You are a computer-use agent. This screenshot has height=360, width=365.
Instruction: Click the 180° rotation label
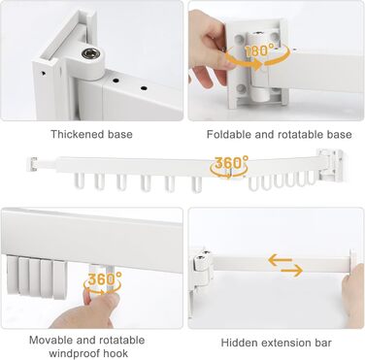(259, 50)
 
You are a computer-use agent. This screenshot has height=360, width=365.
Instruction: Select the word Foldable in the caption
(229, 134)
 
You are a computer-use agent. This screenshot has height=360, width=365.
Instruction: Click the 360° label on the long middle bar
(232, 162)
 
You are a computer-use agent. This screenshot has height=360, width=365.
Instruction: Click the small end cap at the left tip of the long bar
(32, 164)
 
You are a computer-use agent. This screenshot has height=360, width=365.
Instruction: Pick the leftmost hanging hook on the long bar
(80, 180)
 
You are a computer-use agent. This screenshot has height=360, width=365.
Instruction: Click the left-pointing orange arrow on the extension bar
(281, 260)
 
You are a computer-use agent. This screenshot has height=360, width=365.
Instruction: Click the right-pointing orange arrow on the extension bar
(291, 271)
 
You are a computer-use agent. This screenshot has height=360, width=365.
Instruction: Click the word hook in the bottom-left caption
(116, 353)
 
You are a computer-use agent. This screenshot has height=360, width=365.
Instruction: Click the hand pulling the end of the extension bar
(353, 290)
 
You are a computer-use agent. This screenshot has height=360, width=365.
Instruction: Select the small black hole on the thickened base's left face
(44, 73)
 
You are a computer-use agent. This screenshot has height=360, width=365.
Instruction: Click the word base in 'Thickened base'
(120, 134)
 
